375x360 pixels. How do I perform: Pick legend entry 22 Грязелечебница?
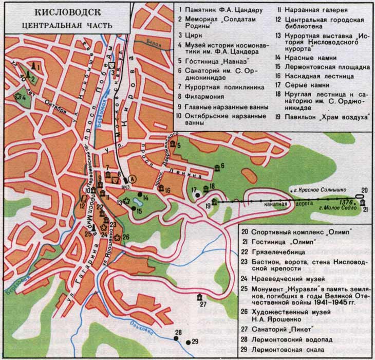pos(278,252)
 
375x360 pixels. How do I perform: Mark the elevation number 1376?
pos(346,202)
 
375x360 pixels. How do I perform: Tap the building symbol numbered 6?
pos(217,168)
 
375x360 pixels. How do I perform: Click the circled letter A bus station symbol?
pos(133,178)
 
